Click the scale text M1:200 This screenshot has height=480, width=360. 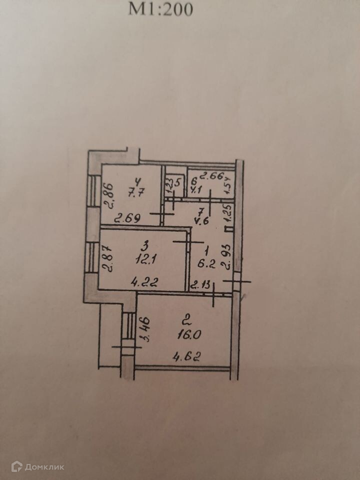tap(160, 9)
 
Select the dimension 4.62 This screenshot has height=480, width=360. tap(187, 356)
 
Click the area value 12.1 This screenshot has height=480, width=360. tap(144, 260)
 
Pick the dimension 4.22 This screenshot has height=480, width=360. tap(144, 282)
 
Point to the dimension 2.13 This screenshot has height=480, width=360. tap(201, 285)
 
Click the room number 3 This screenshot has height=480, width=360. tap(145, 245)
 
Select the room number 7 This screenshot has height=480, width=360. tap(201, 212)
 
